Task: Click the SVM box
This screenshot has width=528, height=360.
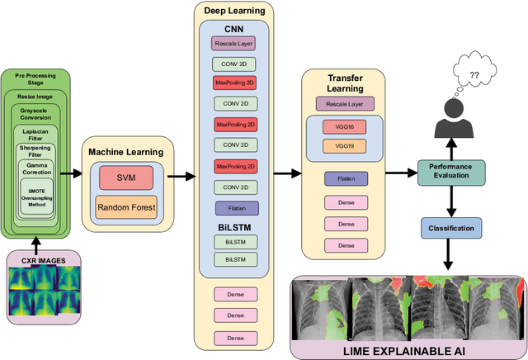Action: click(x=125, y=177)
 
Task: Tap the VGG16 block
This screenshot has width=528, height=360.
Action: click(x=344, y=126)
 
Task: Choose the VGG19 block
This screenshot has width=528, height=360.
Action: click(x=344, y=146)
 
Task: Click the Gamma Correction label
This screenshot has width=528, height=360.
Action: click(x=43, y=170)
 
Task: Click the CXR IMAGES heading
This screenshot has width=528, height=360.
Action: click(x=43, y=261)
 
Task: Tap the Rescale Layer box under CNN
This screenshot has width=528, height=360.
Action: click(x=234, y=42)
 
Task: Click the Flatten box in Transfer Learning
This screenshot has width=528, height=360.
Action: click(x=344, y=178)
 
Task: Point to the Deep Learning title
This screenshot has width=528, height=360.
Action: click(x=233, y=10)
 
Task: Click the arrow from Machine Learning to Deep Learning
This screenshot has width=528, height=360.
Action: click(x=183, y=176)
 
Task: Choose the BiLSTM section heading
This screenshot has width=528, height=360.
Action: click(x=234, y=225)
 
